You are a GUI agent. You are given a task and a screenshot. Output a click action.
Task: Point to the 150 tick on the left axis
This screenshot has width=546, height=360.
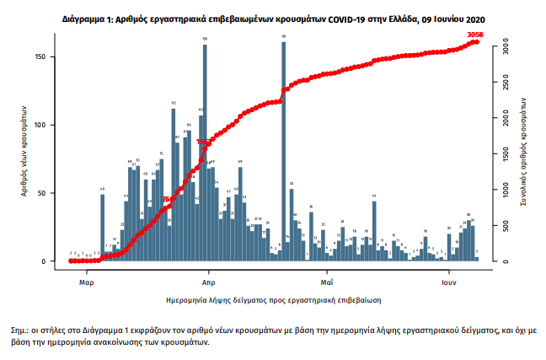point(51,56)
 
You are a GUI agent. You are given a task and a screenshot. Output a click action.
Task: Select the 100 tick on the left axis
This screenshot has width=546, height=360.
point(51,125)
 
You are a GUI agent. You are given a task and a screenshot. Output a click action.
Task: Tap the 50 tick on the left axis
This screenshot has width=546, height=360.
point(52,193)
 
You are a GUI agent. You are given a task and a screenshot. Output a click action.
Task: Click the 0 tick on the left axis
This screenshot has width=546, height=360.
point(54,261)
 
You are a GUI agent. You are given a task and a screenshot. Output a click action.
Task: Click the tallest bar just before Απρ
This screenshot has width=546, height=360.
point(205,152)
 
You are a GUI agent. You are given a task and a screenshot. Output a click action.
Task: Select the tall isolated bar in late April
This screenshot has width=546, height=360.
point(284,152)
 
